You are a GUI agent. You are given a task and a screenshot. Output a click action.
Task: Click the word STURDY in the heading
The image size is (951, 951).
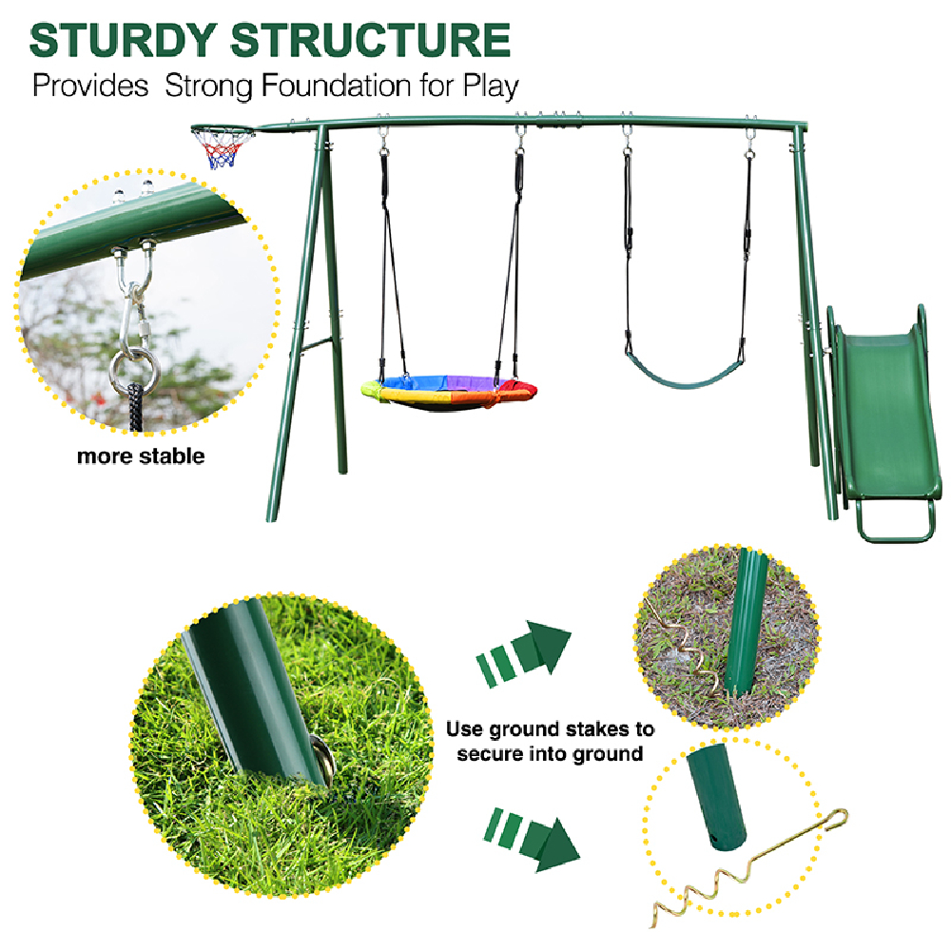click(123, 40)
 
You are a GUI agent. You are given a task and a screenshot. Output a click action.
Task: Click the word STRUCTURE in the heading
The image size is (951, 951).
click(371, 40)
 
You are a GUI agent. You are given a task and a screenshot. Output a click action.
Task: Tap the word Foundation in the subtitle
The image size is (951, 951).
click(336, 86)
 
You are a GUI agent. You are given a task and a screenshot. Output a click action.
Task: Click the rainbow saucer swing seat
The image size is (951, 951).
click(449, 392)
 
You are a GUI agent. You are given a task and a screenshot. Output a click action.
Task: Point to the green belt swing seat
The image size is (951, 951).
click(684, 372)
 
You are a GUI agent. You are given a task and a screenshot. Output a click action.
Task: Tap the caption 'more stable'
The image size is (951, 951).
click(141, 456)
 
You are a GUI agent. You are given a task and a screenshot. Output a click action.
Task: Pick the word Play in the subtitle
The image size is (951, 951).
click(491, 87)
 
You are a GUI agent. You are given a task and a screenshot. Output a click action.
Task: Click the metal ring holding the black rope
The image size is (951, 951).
click(135, 371)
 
